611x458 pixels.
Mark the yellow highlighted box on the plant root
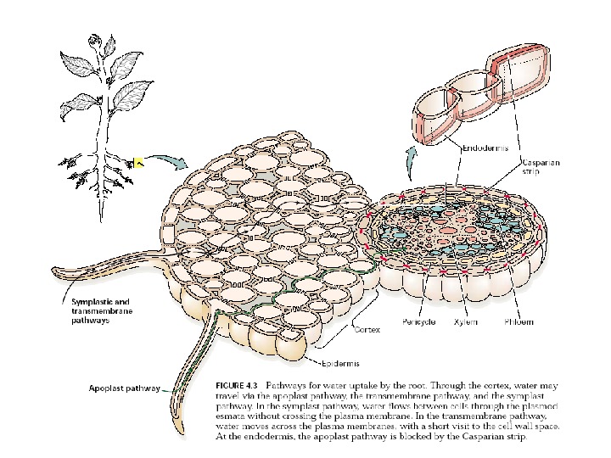coord(139,163)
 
